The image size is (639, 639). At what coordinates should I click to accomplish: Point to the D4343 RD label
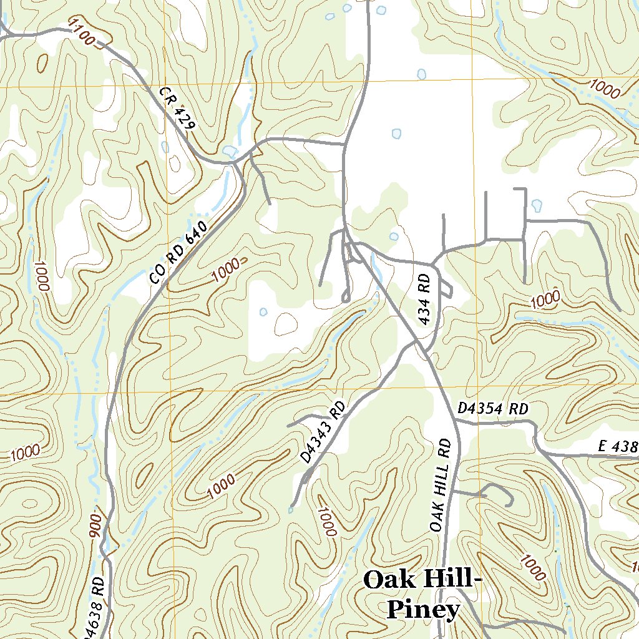(x=323, y=432)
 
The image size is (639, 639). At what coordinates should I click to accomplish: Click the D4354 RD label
(x=493, y=409)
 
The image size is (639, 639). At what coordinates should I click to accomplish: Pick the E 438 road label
(x=618, y=446)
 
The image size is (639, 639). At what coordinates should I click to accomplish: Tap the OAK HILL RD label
(x=440, y=484)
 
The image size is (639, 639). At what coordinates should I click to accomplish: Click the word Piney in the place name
(x=423, y=609)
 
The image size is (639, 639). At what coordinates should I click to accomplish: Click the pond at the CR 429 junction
(x=230, y=151)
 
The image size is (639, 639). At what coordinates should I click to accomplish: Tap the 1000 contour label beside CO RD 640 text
(x=225, y=269)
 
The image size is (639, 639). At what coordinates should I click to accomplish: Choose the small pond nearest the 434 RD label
(x=394, y=237)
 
